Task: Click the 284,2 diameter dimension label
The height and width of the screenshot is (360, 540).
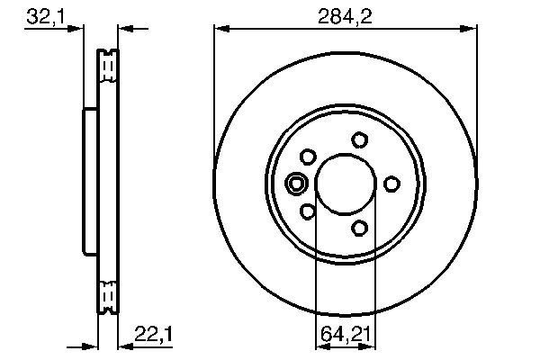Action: pos(345,16)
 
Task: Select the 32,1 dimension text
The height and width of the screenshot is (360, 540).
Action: pos(46,16)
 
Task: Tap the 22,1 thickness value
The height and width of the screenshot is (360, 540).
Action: pos(153,334)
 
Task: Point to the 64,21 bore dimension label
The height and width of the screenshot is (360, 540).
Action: pos(346,334)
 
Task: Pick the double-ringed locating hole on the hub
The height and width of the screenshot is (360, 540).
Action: pos(296,184)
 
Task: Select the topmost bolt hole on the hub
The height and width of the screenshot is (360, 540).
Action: pos(359,140)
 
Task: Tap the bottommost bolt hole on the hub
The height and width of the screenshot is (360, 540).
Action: pos(359,228)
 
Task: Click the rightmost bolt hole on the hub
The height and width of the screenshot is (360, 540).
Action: pos(391,184)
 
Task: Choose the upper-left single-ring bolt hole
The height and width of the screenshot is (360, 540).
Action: pos(308,157)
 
